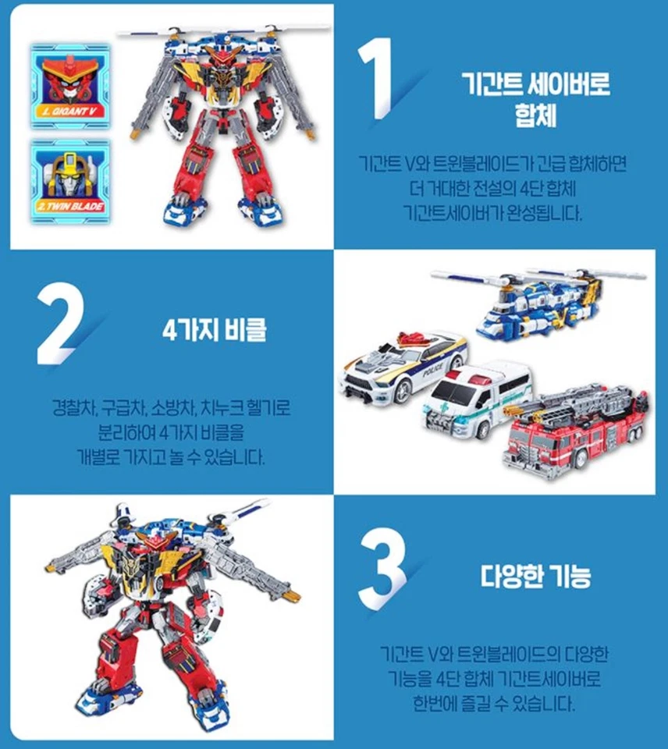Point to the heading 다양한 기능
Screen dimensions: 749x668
point(535,577)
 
